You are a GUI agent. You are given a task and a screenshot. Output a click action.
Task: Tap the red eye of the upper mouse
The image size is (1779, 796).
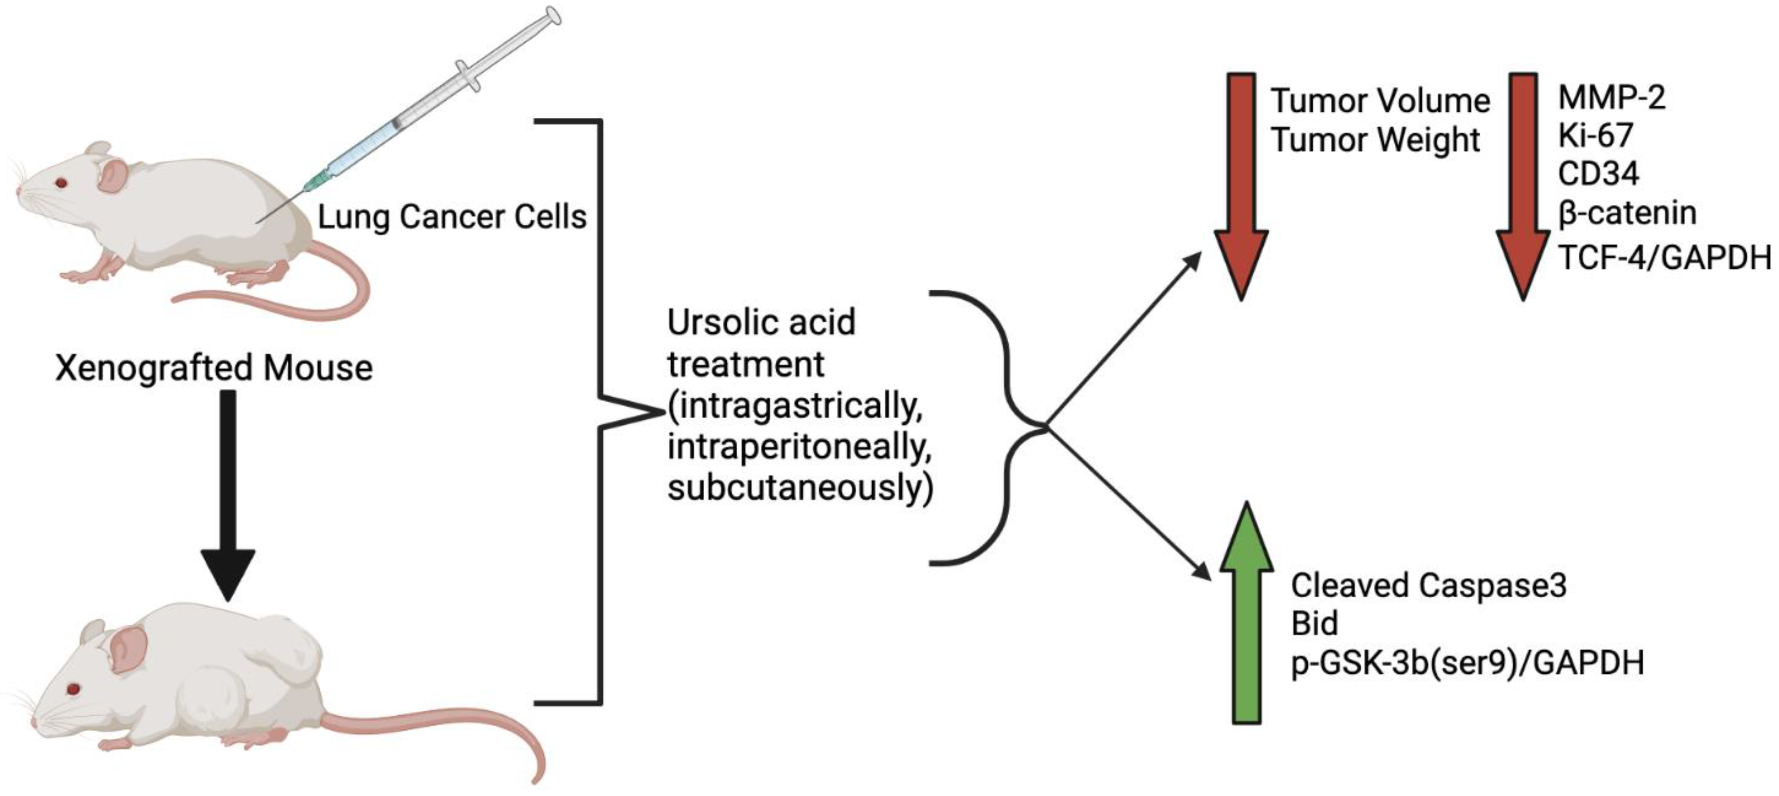61,184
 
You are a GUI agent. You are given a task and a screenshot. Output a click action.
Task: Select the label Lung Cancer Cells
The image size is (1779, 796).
452,217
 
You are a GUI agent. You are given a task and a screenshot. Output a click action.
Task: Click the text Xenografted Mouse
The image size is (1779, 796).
214,368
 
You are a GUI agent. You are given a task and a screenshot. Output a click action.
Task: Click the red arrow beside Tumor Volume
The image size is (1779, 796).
1241,187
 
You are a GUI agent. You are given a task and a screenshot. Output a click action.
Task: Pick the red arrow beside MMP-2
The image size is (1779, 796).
1522,187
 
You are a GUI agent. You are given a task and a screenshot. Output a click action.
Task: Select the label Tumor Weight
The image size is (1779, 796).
1375,140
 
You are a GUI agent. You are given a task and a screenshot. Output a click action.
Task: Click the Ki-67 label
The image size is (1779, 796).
1595,136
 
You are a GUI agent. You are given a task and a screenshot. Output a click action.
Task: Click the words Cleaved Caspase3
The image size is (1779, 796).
1428,586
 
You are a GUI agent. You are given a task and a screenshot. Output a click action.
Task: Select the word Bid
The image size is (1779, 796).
1314,624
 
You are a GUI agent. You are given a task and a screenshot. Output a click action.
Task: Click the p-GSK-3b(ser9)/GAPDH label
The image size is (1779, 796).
1467,663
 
